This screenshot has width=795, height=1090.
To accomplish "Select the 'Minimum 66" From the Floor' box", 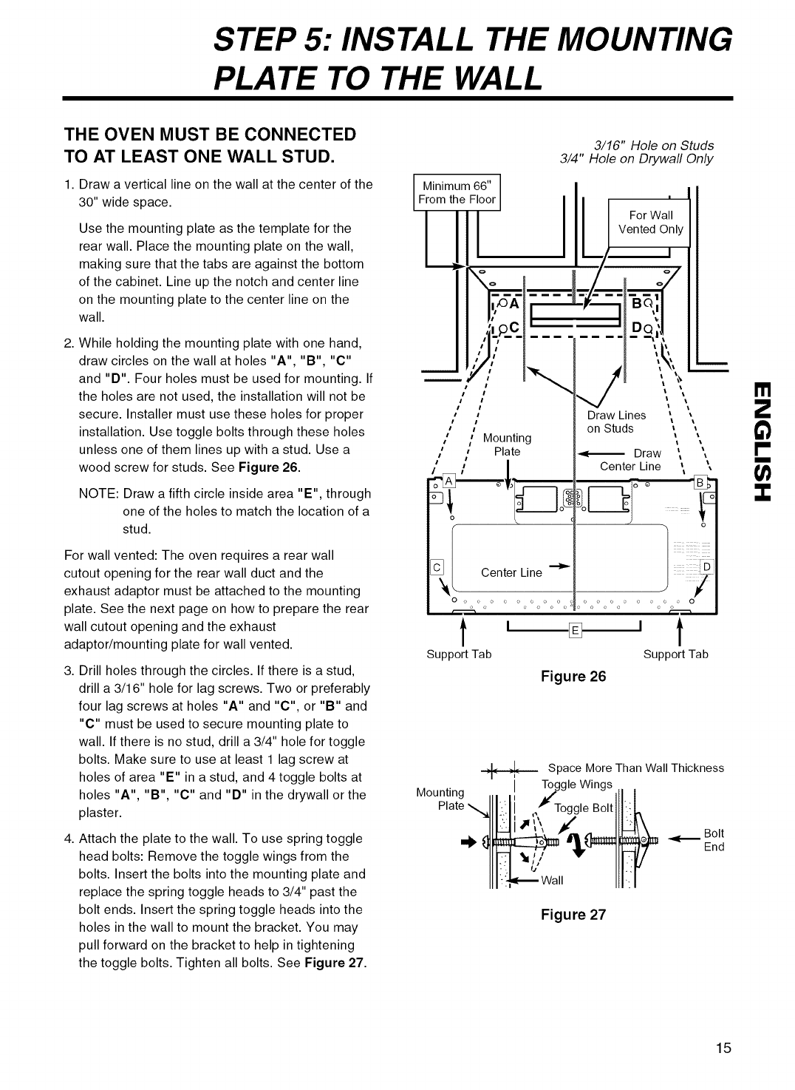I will [x=457, y=192].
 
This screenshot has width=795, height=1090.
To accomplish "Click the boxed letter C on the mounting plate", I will [x=436, y=567].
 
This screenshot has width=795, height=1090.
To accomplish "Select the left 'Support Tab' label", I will [x=459, y=654].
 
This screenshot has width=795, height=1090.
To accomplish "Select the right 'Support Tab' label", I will [x=675, y=654].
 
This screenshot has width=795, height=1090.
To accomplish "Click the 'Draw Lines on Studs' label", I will [x=615, y=422].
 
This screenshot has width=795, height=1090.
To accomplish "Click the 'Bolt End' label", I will [x=714, y=840].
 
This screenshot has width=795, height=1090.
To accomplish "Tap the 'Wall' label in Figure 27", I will [x=552, y=880].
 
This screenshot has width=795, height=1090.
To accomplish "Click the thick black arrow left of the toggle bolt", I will [x=468, y=842].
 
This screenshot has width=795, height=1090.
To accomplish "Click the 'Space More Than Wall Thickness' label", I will [x=635, y=768].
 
